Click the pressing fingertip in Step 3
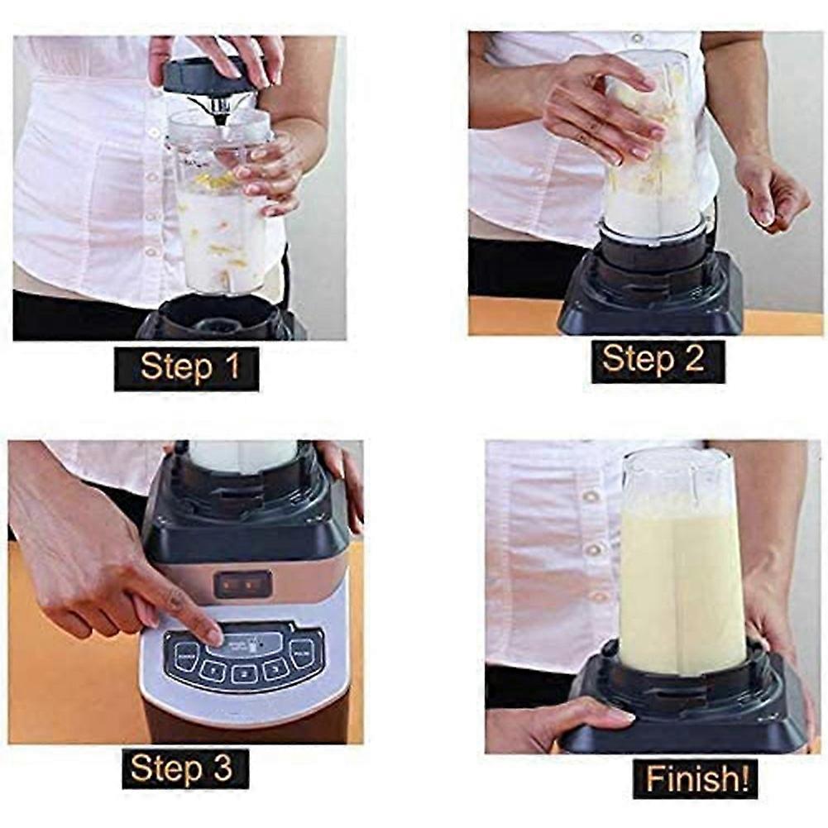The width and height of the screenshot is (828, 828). (x=213, y=635)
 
